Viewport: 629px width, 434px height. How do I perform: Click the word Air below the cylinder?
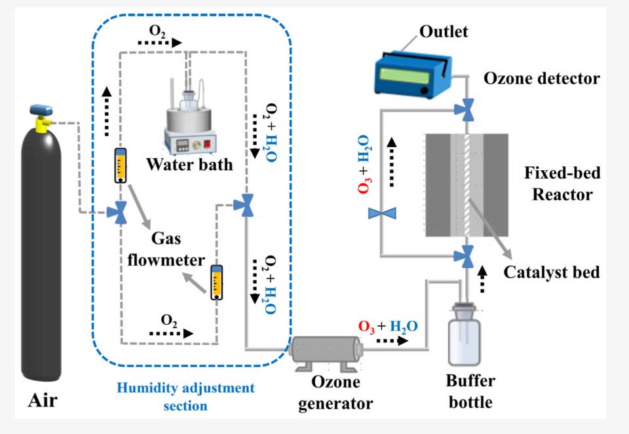pyautogui.click(x=42, y=398)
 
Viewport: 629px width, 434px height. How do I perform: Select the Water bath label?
pyautogui.click(x=189, y=163)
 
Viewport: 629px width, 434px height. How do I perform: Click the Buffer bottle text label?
pyautogui.click(x=470, y=391)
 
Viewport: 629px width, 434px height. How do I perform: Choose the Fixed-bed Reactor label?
pyautogui.click(x=562, y=184)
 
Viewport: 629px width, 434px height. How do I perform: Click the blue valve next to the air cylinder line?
pyautogui.click(x=121, y=212)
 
